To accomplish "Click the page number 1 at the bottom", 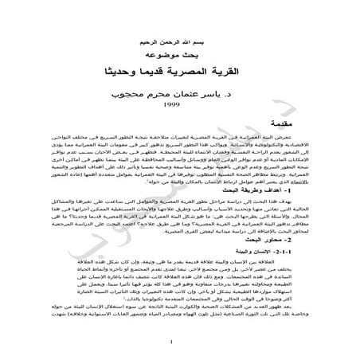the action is pyautogui.click(x=180, y=343).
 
